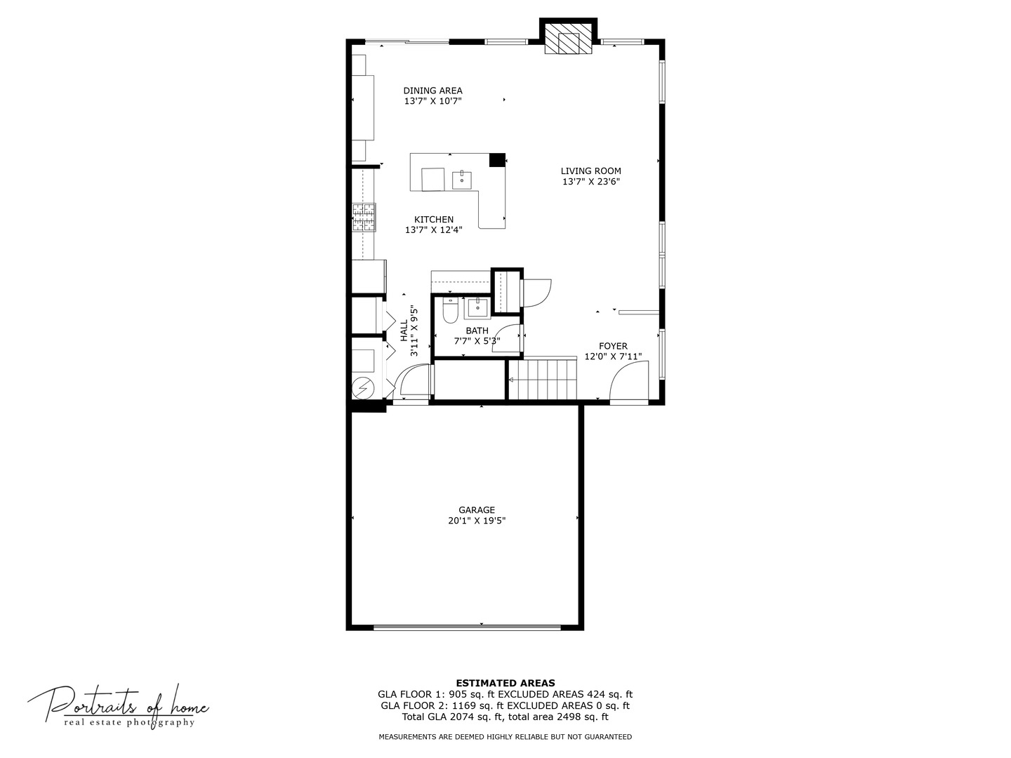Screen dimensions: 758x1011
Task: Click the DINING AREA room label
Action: (x=432, y=91)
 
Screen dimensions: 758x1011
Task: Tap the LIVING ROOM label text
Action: (x=590, y=171)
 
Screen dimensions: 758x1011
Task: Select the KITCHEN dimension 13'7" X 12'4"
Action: (x=433, y=230)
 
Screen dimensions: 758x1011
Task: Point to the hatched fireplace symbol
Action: (x=569, y=43)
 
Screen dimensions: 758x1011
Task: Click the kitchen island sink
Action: (x=461, y=178)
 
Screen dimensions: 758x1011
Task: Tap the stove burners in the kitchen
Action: (x=364, y=217)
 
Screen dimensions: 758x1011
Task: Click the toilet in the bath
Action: (x=450, y=310)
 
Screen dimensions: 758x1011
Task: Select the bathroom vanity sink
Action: (x=477, y=307)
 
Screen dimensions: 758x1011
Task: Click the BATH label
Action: (x=477, y=331)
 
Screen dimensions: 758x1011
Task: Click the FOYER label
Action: (x=613, y=346)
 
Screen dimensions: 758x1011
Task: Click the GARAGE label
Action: (x=477, y=510)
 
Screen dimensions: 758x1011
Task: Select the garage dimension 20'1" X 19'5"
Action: (x=477, y=521)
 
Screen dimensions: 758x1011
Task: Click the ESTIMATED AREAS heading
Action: (x=505, y=683)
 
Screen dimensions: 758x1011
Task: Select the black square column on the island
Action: (x=497, y=160)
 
